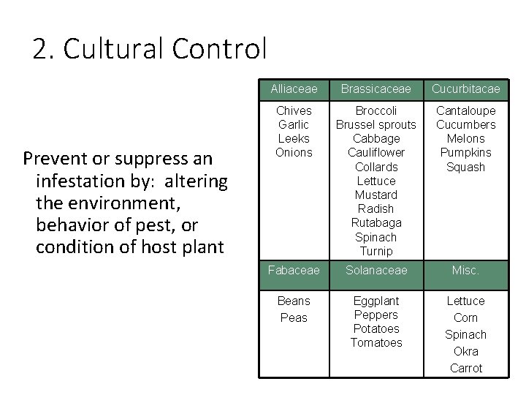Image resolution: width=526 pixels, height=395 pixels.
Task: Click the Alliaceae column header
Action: (294, 89)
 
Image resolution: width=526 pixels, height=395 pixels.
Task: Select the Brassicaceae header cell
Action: (376, 89)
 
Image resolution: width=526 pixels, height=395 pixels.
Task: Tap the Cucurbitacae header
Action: (465, 89)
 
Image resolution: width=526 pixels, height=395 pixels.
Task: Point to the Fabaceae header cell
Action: (294, 271)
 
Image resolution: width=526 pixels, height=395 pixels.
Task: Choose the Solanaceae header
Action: (376, 271)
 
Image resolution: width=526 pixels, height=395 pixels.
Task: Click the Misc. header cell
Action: (465, 271)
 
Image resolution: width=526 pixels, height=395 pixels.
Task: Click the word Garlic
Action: (294, 124)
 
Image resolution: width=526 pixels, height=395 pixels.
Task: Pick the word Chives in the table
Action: (294, 110)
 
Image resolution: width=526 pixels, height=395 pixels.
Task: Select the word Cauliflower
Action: (376, 153)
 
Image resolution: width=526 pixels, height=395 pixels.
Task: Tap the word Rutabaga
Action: (376, 222)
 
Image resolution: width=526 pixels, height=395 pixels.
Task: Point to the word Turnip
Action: (376, 251)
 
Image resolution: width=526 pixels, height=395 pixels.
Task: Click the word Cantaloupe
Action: (465, 110)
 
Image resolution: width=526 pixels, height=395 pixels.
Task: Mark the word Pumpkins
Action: (465, 153)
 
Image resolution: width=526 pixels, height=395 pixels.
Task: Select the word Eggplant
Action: (376, 301)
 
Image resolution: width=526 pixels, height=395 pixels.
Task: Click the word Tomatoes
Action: (376, 342)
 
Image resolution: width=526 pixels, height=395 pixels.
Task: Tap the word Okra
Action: (465, 351)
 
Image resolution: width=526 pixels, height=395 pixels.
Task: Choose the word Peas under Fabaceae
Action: (294, 317)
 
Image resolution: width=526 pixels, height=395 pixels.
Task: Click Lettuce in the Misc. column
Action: (465, 301)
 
